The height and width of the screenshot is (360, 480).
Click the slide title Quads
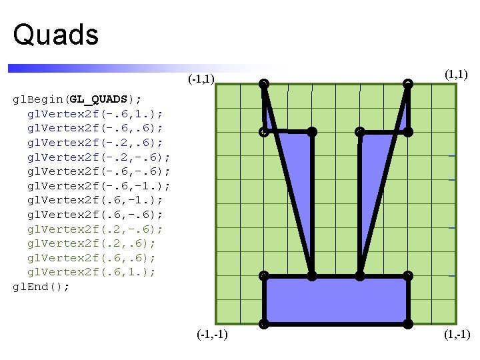pos(56,35)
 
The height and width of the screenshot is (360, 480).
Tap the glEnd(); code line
pos(41,286)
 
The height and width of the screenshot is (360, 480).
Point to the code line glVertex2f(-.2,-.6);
pos(98,157)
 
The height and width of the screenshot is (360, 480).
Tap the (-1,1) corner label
pos(201,80)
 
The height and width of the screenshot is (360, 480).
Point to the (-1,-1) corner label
pos(213,334)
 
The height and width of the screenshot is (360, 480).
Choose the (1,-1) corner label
pos(457,334)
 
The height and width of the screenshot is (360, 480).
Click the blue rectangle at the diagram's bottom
pos(336,300)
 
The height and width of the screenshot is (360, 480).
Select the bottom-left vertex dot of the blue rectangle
pos(264,325)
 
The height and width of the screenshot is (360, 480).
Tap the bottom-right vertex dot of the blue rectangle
pos(408,325)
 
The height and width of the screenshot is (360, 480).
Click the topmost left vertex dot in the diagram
pos(264,83)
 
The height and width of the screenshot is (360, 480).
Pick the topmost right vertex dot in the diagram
pos(408,83)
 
